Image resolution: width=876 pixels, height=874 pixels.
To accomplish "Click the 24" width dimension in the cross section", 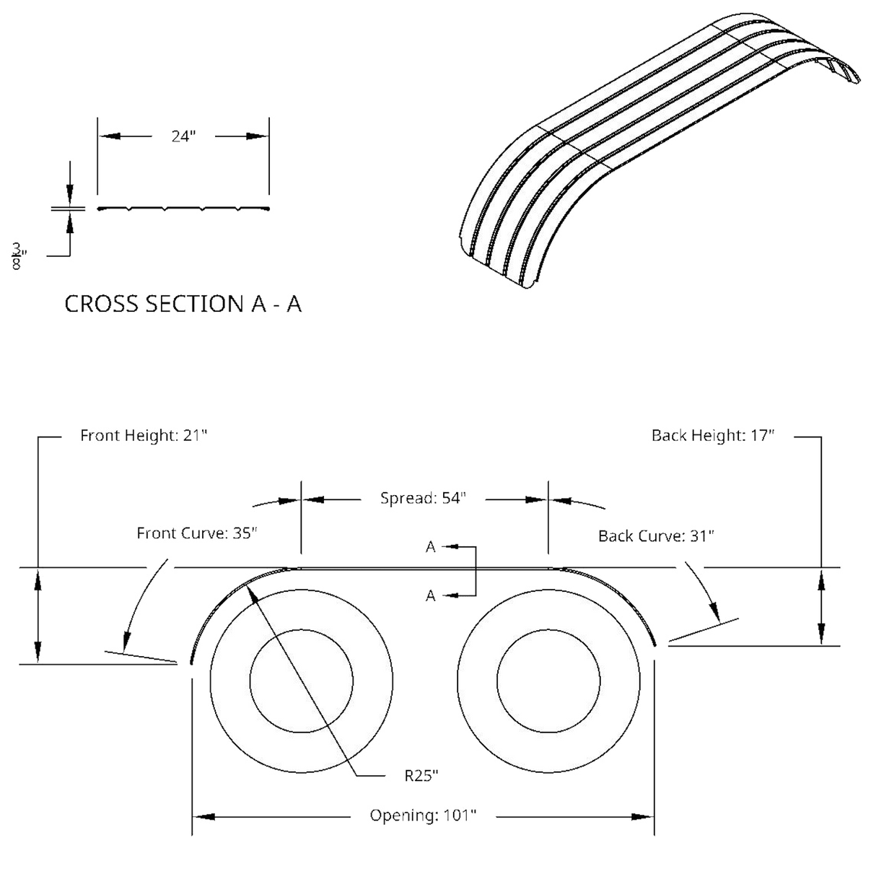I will pyautogui.click(x=183, y=136).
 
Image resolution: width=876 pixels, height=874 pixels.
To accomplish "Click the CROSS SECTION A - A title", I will pyautogui.click(x=184, y=305).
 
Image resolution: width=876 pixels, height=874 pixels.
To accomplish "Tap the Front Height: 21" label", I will pyautogui.click(x=144, y=437).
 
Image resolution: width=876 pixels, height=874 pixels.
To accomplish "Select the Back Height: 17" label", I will pyautogui.click(x=713, y=437).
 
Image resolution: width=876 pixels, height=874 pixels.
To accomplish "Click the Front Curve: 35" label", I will pyautogui.click(x=197, y=535).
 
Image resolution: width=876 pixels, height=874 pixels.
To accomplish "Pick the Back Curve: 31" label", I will pyautogui.click(x=656, y=536).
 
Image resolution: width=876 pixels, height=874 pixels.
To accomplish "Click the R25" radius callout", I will pyautogui.click(x=421, y=776).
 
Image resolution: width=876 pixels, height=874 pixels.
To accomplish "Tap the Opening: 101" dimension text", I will pyautogui.click(x=423, y=816).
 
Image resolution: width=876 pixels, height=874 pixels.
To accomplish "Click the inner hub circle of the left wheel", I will pyautogui.click(x=301, y=680).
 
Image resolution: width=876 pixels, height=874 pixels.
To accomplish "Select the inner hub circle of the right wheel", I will pyautogui.click(x=548, y=680).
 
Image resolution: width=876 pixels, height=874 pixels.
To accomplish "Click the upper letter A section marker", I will pyautogui.click(x=430, y=549).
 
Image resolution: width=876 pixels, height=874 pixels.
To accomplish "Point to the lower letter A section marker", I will pyautogui.click(x=430, y=595).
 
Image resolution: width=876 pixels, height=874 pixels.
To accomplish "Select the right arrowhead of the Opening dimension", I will pyautogui.click(x=641, y=817).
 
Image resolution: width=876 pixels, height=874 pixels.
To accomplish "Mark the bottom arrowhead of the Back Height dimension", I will pyautogui.click(x=820, y=634).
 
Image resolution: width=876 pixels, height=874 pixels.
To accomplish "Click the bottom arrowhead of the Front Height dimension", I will pyautogui.click(x=39, y=650).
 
